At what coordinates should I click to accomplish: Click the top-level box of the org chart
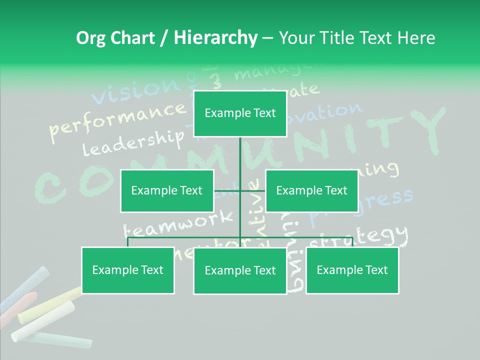pyautogui.click(x=240, y=113)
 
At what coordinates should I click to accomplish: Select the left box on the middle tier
pyautogui.click(x=167, y=190)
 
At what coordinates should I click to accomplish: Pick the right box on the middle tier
pyautogui.click(x=311, y=190)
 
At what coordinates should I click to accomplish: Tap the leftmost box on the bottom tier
pyautogui.click(x=128, y=270)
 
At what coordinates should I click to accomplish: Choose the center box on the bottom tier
pyautogui.click(x=240, y=270)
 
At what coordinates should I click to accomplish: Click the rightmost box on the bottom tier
pyautogui.click(x=352, y=270)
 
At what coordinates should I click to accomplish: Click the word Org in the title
pyautogui.click(x=91, y=38)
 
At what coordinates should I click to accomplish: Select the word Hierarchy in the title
pyautogui.click(x=215, y=38)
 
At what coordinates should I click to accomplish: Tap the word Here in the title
pyautogui.click(x=416, y=38)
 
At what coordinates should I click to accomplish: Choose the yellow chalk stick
pyautogui.click(x=50, y=305)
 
